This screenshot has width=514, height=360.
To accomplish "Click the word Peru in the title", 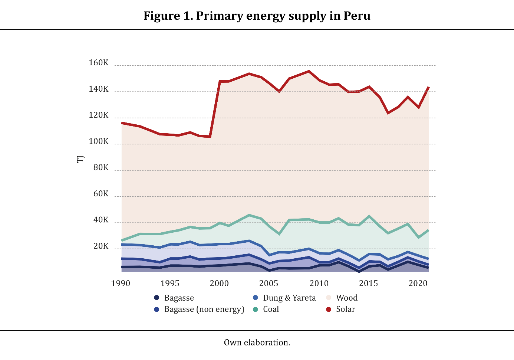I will tap(357, 16).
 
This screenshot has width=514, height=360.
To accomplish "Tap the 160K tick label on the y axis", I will tap(99, 63).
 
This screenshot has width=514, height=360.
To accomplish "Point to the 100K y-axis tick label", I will tap(99, 141).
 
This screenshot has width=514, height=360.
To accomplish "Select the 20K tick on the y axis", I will tap(101, 246).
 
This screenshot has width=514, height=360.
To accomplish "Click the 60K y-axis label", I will tap(101, 194).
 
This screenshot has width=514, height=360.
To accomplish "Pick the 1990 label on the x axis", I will tap(121, 284).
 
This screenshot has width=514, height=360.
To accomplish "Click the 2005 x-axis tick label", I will tap(269, 284).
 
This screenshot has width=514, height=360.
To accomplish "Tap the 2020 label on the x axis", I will tap(418, 284).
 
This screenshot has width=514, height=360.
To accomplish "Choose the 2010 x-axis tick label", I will tap(319, 284).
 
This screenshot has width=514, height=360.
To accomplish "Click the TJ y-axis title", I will tap(80, 159).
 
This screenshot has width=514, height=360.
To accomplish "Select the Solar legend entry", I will tap(345, 309).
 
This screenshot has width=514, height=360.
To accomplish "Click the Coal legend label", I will tap(271, 309).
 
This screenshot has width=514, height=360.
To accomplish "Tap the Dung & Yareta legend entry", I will tap(289, 298).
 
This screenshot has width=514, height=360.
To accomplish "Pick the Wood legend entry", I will tap(347, 298).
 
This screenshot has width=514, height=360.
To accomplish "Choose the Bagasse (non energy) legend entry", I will tap(204, 309).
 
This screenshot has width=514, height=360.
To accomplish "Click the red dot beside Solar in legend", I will tap(329, 310).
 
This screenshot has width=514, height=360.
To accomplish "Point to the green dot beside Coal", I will tap(255, 310).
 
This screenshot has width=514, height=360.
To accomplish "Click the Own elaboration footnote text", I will tap(257, 343).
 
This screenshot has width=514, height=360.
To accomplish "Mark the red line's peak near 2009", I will tap(309, 71).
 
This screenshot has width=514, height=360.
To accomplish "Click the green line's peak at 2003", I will tap(249, 215).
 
